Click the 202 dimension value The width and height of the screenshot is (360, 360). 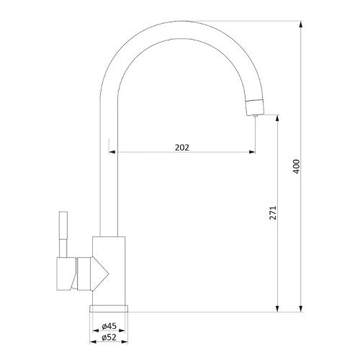click(x=182, y=148)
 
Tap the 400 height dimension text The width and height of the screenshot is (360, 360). click(x=297, y=166)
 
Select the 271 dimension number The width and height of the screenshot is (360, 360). click(x=273, y=212)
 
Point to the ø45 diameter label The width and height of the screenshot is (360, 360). click(x=109, y=326)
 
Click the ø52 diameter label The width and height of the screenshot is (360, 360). click(x=109, y=337)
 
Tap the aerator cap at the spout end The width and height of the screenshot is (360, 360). click(x=255, y=107)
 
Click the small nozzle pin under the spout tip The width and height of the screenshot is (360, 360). click(x=255, y=116)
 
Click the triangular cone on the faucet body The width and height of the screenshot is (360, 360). click(x=100, y=274)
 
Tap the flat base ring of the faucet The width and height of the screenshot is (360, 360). click(x=109, y=308)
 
